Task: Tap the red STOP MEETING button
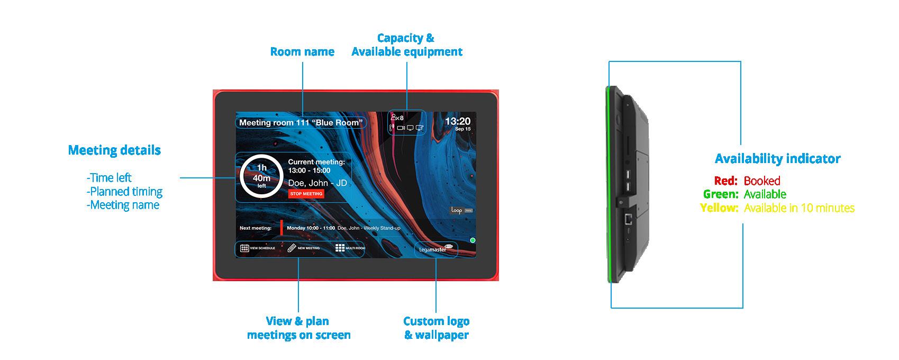[x=306, y=194]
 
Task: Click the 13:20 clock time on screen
[x=457, y=121]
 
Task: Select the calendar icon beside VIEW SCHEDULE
[x=244, y=248]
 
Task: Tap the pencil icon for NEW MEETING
[x=292, y=248]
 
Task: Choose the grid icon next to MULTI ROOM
[x=340, y=248]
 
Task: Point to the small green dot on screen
[x=473, y=240]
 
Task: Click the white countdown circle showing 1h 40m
[x=261, y=177]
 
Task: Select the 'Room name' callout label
[x=302, y=52]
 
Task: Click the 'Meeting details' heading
[x=114, y=150]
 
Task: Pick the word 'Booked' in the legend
[x=762, y=181]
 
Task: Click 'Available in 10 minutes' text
[x=799, y=208]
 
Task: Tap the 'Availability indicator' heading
[x=777, y=159]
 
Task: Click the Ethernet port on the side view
[x=628, y=218]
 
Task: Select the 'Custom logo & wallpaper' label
[x=437, y=328]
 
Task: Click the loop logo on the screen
[x=457, y=210]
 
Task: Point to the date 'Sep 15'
[x=462, y=129]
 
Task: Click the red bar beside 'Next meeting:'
[x=281, y=228]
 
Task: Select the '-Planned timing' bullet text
[x=124, y=192]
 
